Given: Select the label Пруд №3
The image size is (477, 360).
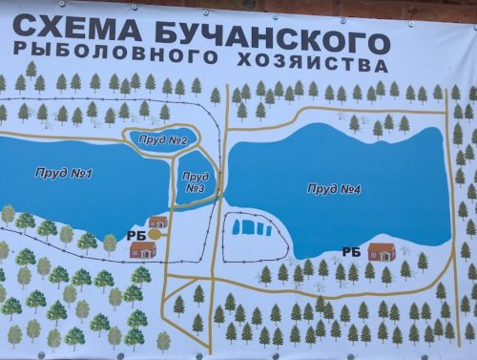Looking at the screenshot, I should click(195, 181).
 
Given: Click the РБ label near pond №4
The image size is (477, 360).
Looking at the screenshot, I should click(351, 251).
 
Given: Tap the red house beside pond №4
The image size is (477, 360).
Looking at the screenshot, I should click(382, 251).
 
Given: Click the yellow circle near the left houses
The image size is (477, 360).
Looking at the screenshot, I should click(155, 232).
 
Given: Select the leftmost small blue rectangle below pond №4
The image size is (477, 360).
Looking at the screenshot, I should click(239, 228).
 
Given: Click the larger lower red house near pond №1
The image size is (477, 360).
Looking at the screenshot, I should click(143, 249).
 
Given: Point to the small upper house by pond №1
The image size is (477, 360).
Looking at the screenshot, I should click(158, 222).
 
